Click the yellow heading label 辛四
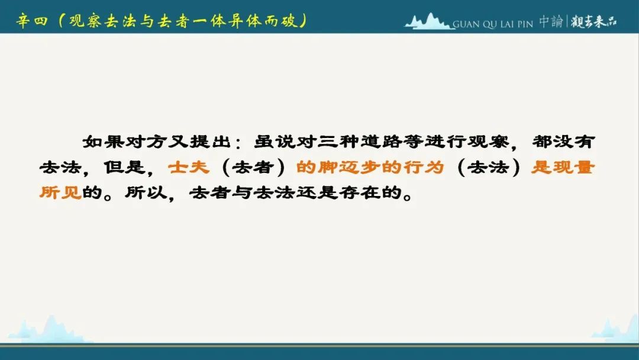[x=32, y=20]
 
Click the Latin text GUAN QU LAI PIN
[x=493, y=24]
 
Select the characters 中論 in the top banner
[x=551, y=21]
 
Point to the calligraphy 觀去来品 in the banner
[x=594, y=21]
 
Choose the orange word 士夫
[x=189, y=167]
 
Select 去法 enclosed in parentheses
[x=488, y=167]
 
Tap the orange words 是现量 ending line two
[x=563, y=167]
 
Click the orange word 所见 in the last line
[x=60, y=192]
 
